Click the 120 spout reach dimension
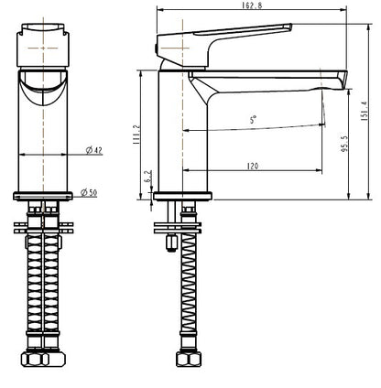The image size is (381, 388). click(252, 166)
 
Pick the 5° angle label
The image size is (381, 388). click(253, 120)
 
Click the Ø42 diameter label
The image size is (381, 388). click(93, 150)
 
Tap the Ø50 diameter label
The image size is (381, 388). click(90, 192)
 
